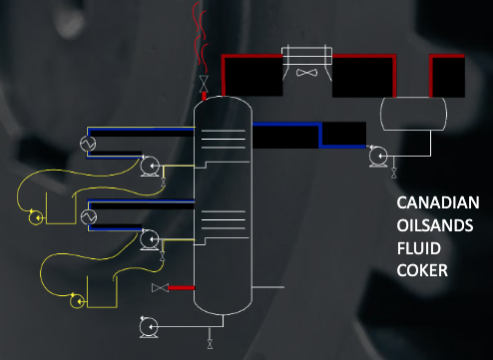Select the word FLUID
click(x=418, y=247)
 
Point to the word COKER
click(x=421, y=269)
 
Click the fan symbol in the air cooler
click(x=306, y=72)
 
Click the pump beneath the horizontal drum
click(x=377, y=156)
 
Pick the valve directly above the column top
click(x=204, y=81)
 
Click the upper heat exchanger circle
click(x=87, y=144)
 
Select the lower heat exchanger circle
click(x=87, y=216)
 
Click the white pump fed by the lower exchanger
click(x=150, y=239)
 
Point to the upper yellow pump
click(x=38, y=216)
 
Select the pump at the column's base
click(x=149, y=325)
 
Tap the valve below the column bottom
click(x=209, y=344)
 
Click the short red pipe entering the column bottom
click(x=181, y=287)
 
